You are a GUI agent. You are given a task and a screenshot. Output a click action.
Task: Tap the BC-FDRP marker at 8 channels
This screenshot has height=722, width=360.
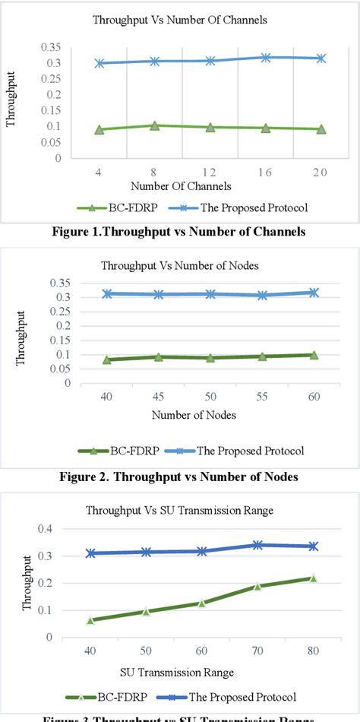click(x=155, y=125)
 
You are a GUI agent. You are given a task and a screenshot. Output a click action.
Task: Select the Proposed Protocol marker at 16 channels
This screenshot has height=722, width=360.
click(x=266, y=58)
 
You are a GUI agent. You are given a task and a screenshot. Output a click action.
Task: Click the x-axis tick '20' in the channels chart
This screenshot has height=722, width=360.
click(x=320, y=173)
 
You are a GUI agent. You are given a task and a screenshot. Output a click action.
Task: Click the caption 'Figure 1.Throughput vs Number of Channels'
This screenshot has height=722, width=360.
click(x=180, y=232)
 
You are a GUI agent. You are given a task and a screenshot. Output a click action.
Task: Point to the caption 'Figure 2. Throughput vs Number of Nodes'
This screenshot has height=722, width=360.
click(x=180, y=477)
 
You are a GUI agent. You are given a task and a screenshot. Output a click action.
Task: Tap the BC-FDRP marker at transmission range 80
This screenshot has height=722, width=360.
click(x=313, y=578)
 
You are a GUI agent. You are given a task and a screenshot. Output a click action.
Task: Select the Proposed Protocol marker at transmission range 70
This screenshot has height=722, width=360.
click(x=257, y=545)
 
